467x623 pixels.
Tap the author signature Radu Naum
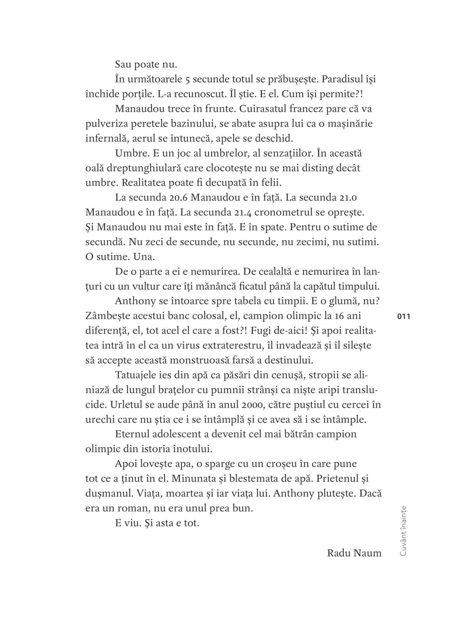click(354, 553)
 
